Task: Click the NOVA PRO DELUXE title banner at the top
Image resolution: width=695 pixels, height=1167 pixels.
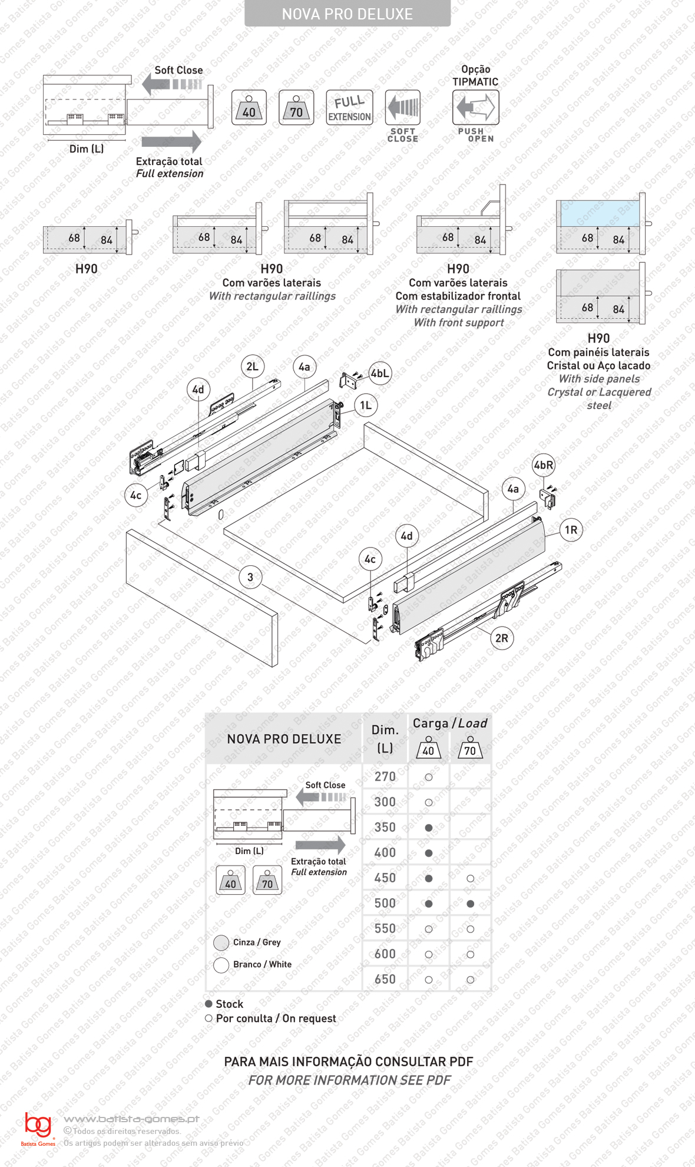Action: click(x=347, y=14)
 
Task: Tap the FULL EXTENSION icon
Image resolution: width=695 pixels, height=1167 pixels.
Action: click(x=349, y=107)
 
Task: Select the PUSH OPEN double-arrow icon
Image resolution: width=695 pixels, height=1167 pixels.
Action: click(x=476, y=107)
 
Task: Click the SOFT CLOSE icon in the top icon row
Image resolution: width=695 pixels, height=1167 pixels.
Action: click(x=403, y=107)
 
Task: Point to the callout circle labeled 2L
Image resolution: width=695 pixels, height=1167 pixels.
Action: click(x=253, y=367)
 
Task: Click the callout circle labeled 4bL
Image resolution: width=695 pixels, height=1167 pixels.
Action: click(x=380, y=373)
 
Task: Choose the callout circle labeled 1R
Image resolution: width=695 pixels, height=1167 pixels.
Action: click(x=571, y=530)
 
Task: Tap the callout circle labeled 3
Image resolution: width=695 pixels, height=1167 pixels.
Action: click(x=250, y=577)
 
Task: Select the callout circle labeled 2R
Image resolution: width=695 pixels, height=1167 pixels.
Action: click(x=502, y=638)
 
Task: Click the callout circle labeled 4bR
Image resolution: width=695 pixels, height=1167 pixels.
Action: click(x=543, y=465)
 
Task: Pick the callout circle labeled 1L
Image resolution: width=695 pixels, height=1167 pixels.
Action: click(x=366, y=405)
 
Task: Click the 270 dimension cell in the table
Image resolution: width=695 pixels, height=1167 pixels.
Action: click(x=385, y=777)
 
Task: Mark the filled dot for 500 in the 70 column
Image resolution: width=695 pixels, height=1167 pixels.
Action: click(x=470, y=904)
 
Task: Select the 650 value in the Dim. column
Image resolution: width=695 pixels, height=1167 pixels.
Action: click(x=385, y=979)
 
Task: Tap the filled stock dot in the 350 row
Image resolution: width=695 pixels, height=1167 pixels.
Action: click(x=429, y=828)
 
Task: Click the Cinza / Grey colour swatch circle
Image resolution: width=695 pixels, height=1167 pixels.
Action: click(x=221, y=942)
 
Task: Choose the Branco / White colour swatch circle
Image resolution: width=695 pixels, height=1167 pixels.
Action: click(x=221, y=965)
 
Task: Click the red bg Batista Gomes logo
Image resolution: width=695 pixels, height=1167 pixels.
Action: click(x=38, y=1127)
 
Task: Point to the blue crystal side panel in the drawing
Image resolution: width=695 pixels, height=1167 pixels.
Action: click(x=599, y=213)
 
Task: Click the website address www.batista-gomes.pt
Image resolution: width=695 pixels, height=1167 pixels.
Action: click(x=131, y=1119)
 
